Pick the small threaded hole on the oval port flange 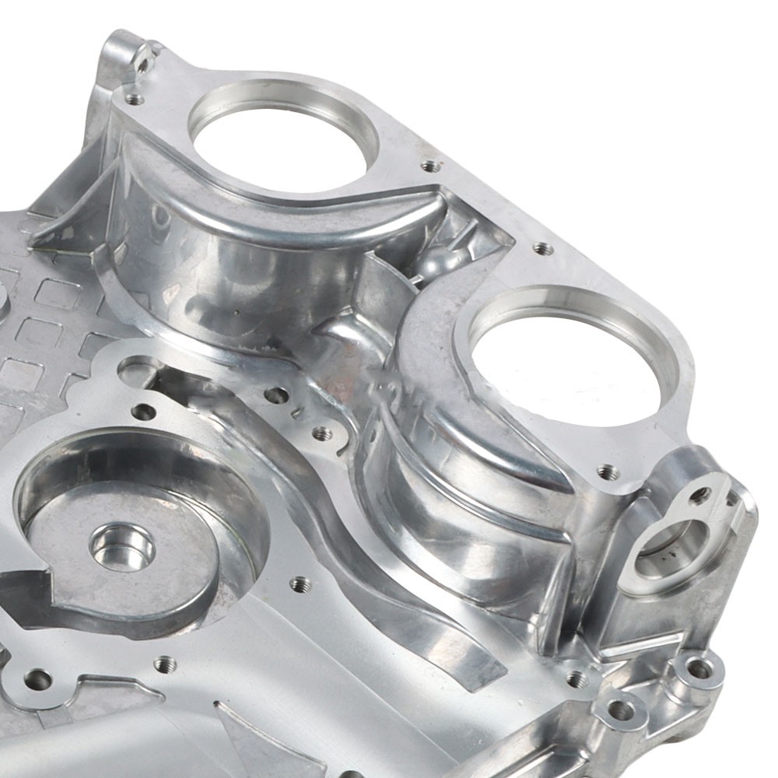699,495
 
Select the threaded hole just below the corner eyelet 135,99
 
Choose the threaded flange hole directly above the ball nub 430,166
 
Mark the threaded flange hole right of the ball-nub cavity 543,249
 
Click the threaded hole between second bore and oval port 607,471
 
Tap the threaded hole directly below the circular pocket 165,664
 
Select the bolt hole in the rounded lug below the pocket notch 36,681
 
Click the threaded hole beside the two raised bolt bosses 576,679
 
